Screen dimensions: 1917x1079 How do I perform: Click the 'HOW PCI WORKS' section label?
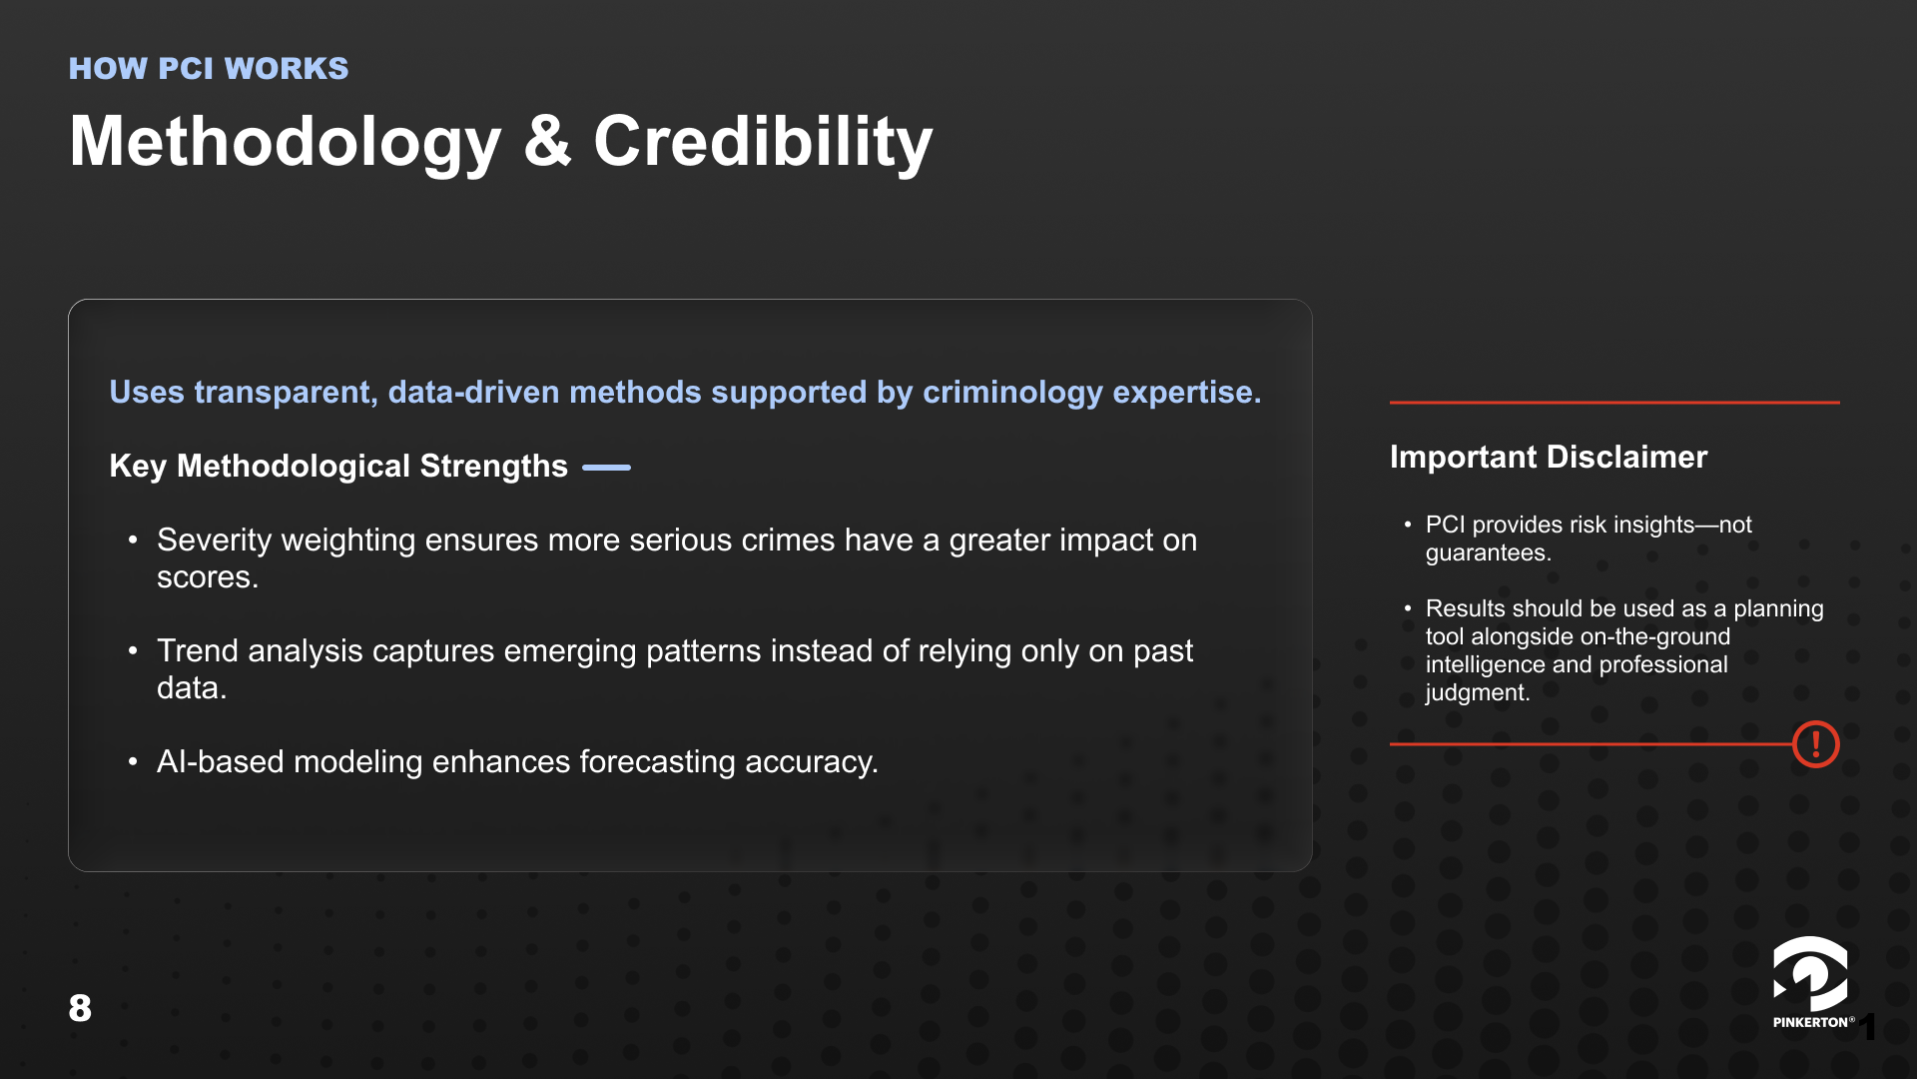point(209,68)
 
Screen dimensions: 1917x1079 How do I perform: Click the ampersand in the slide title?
point(547,141)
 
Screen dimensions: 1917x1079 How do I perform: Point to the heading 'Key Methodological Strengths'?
point(338,466)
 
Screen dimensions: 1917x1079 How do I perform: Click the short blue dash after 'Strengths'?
point(606,467)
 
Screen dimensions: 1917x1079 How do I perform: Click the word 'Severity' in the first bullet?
point(215,540)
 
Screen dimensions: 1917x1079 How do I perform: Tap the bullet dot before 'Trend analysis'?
point(133,651)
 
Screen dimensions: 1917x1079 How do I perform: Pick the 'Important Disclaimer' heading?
point(1549,457)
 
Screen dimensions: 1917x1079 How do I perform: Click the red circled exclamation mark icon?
point(1815,744)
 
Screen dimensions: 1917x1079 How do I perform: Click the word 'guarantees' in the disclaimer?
point(1486,553)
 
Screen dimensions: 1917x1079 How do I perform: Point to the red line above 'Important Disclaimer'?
point(1614,403)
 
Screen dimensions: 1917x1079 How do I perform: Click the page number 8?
point(80,1008)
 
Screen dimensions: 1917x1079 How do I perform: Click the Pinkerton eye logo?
point(1810,974)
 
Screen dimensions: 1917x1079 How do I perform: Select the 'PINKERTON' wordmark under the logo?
point(1810,1022)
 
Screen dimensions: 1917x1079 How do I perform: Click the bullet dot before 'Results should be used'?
point(1408,608)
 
